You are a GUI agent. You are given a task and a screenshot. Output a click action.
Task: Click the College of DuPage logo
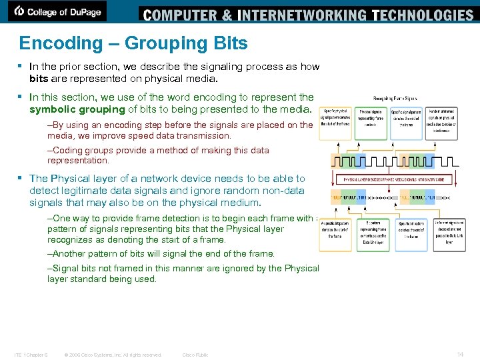click(x=58, y=11)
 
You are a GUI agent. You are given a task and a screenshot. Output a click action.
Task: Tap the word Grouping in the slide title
click(x=163, y=43)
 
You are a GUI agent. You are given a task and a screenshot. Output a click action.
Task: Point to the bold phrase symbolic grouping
click(x=77, y=109)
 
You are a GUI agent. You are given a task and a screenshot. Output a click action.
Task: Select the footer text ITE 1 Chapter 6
click(x=31, y=355)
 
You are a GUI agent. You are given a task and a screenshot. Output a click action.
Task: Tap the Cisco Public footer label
click(x=195, y=355)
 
